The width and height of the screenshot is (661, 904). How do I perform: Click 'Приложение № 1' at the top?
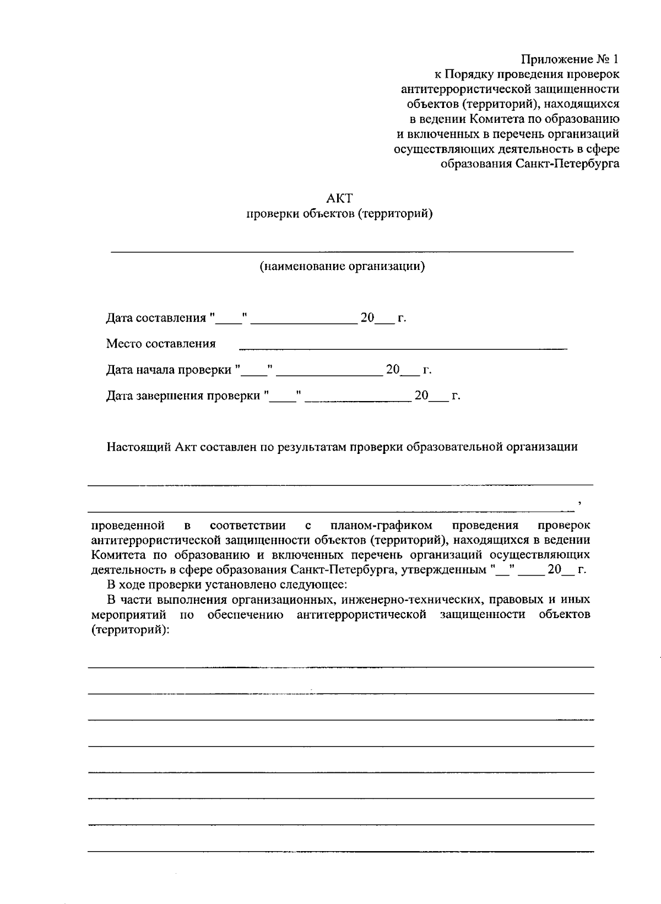(570, 59)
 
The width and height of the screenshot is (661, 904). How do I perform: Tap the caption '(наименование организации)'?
(342, 267)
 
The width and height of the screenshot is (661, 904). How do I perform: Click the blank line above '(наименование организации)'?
(342, 251)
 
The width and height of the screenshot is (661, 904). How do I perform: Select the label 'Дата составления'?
(155, 318)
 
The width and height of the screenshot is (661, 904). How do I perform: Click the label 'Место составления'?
(161, 344)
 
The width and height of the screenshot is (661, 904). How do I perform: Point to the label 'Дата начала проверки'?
(169, 370)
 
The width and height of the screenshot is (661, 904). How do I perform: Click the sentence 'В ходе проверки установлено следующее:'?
(226, 584)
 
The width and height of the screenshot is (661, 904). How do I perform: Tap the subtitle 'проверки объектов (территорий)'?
(339, 214)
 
